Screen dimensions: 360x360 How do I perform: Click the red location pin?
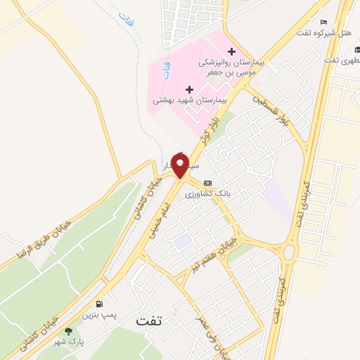(180, 165)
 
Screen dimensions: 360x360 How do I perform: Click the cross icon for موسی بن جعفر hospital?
(231, 52)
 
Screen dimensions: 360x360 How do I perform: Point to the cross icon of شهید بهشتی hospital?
(189, 89)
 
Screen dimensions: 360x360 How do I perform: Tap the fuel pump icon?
(99, 304)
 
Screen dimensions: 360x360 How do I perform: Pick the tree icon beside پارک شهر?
(68, 331)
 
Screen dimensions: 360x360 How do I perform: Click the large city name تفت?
(149, 321)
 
